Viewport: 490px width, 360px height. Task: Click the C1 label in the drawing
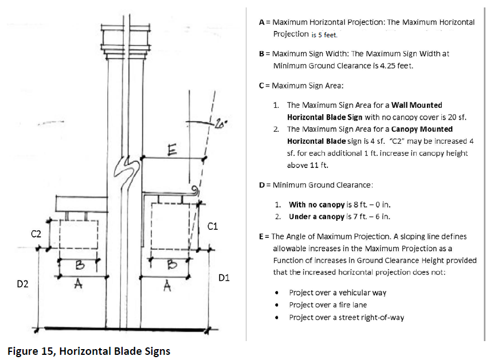pos(213,226)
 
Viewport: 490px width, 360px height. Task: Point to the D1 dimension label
pos(224,278)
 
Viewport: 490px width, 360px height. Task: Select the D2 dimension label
pos(22,284)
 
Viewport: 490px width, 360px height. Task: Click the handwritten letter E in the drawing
pos(172,150)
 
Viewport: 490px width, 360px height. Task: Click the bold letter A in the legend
pos(261,22)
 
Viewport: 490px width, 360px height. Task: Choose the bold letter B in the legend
pos(261,54)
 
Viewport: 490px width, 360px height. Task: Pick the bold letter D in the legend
pos(262,185)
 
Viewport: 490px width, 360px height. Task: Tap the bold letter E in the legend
pos(261,237)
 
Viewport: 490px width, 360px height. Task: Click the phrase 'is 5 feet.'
pos(324,35)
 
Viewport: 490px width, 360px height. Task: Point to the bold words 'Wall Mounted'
pos(417,105)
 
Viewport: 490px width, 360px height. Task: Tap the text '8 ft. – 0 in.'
pos(372,205)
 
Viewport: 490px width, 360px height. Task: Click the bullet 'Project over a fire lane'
pos(328,305)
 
